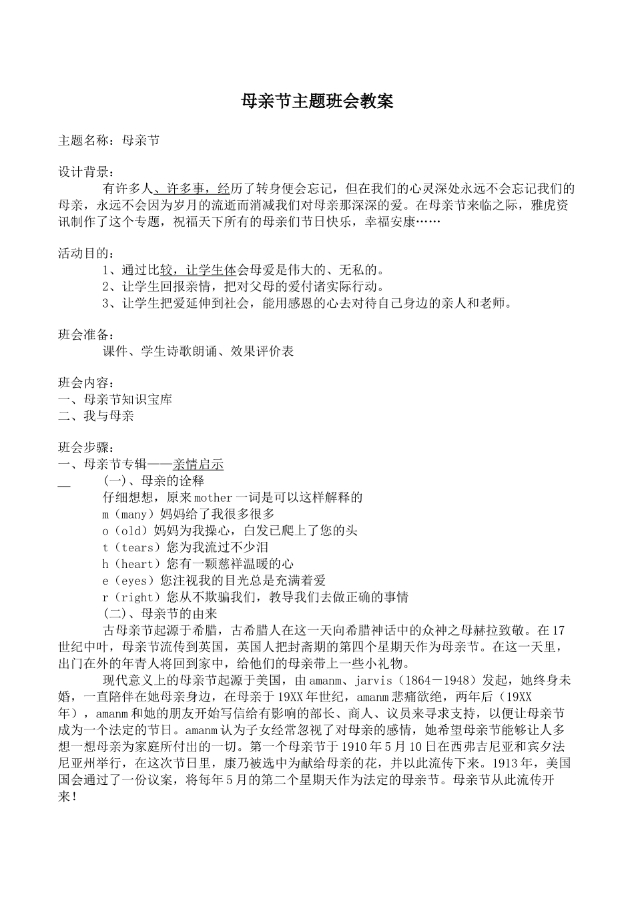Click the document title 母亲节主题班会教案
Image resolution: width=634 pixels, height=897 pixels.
click(317, 101)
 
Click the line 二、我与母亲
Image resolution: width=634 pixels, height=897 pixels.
click(97, 416)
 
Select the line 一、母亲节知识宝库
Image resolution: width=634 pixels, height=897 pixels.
click(115, 400)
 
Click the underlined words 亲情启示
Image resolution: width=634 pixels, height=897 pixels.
click(198, 465)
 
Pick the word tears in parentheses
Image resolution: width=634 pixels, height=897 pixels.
click(138, 548)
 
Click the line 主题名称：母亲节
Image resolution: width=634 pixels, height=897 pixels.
click(109, 140)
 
